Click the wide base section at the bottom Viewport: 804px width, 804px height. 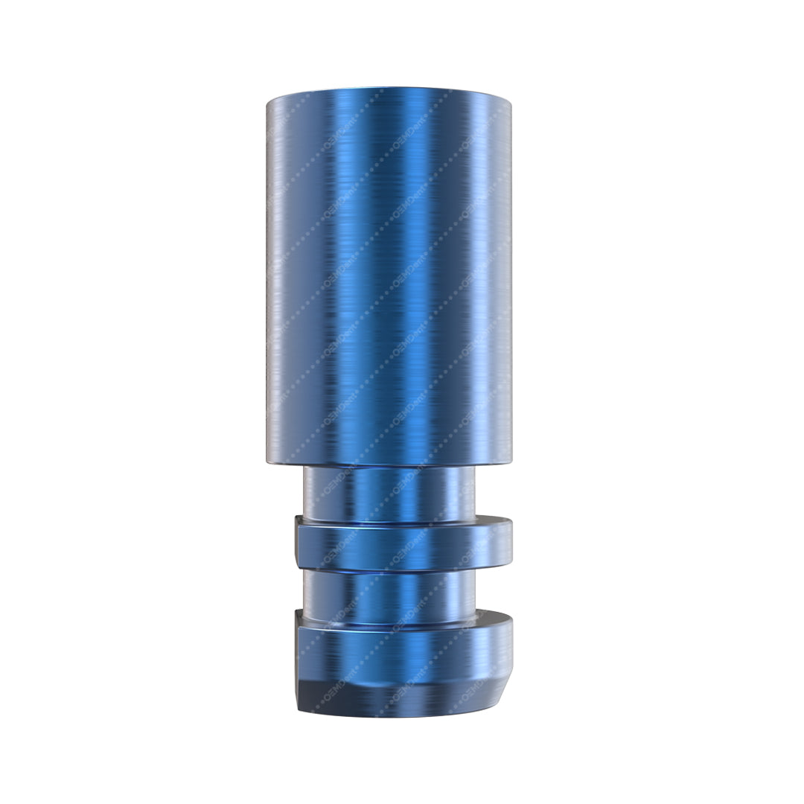pyautogui.click(x=402, y=659)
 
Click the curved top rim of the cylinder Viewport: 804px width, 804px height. pyautogui.click(x=388, y=93)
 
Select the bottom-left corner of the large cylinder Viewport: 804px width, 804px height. pyautogui.click(x=267, y=462)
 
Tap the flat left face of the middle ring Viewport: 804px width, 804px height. pyautogui.click(x=299, y=543)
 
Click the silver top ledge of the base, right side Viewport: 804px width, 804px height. pyautogui.click(x=491, y=618)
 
